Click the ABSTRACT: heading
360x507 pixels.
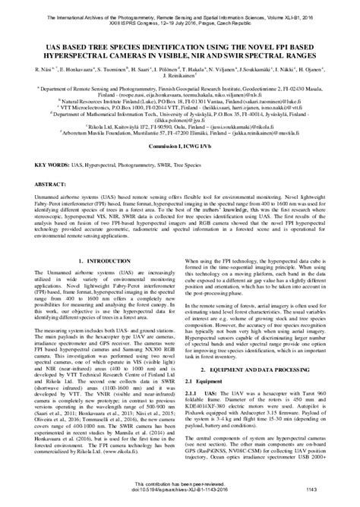coord(48,205)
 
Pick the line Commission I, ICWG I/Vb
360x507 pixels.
coord(179,167)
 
